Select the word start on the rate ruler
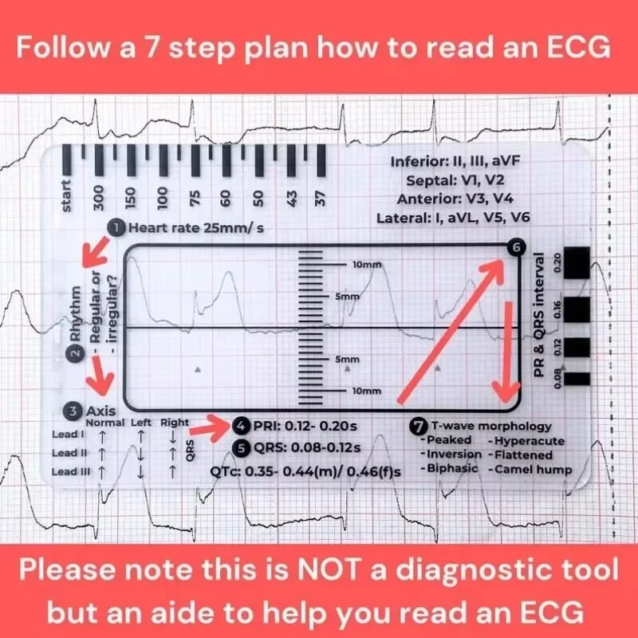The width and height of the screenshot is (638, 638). (x=67, y=195)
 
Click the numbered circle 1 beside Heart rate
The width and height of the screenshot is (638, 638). (x=116, y=228)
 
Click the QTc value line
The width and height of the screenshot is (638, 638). (x=305, y=471)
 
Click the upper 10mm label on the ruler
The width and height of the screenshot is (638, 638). (x=366, y=264)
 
